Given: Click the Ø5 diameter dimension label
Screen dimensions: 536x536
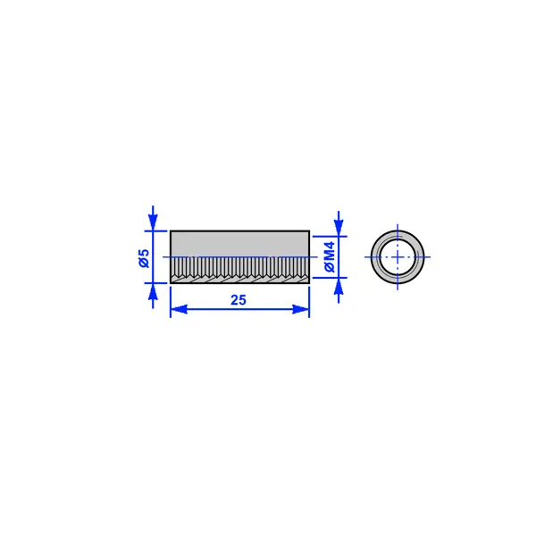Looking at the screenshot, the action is [x=145, y=258].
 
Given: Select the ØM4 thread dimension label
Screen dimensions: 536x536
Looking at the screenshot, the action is [x=330, y=256].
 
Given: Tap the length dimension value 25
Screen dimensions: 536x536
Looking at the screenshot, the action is [x=239, y=300].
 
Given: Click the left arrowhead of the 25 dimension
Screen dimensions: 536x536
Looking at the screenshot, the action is [x=179, y=309].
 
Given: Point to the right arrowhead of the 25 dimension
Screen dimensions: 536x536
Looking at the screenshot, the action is [x=301, y=309].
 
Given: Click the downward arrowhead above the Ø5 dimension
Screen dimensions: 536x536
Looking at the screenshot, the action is [x=153, y=222].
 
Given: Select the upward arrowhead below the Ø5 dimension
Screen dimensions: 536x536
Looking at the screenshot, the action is [x=153, y=291].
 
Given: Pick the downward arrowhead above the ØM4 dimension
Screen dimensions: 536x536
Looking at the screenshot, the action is [x=339, y=228].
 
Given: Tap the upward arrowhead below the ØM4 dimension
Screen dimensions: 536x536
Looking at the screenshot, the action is [x=339, y=286].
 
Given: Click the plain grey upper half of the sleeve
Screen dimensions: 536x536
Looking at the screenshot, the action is [x=240, y=244].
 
